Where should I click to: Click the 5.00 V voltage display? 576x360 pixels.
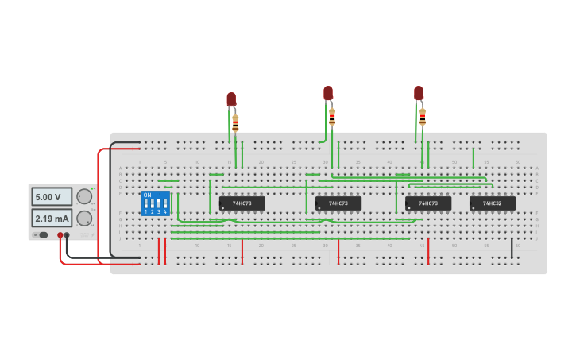[52, 196]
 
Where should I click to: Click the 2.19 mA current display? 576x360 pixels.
[52, 218]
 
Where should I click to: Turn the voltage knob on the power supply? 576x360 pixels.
[84, 196]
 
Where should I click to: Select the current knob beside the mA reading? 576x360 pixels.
[84, 218]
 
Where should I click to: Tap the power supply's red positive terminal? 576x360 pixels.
[60, 235]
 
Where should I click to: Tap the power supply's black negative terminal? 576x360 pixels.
[67, 235]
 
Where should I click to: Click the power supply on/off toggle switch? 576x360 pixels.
[41, 234]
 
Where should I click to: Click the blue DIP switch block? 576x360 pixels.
[155, 203]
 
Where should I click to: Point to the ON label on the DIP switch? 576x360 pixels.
[147, 195]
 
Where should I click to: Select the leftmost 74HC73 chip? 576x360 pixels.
[242, 203]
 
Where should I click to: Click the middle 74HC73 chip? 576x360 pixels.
[338, 203]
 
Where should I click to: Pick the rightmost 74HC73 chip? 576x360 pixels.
[428, 203]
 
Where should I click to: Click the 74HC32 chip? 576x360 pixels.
[492, 203]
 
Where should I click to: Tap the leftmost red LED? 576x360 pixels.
[231, 99]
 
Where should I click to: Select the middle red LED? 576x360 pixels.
[328, 93]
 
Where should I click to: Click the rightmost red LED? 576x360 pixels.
[419, 93]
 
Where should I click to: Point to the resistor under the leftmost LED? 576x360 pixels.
[235, 123]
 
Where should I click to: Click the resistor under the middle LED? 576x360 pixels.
[332, 118]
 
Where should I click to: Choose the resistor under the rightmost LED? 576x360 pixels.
[423, 118]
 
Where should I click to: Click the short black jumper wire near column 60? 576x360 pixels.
[512, 249]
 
